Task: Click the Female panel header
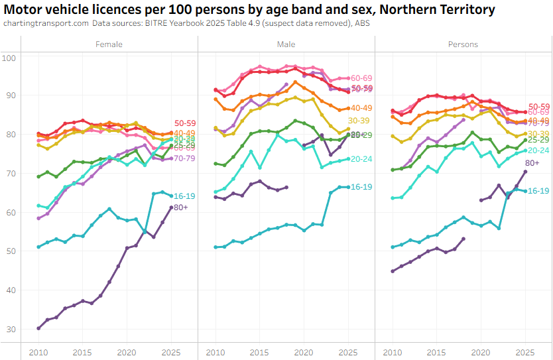click(109, 44)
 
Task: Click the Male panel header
click(286, 44)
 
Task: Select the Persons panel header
click(463, 44)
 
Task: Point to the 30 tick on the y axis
click(10, 330)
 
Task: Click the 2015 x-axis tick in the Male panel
click(259, 351)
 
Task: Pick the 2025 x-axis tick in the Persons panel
click(525, 351)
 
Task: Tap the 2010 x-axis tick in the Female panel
click(38, 351)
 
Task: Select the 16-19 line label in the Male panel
click(361, 188)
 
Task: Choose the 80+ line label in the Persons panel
click(532, 163)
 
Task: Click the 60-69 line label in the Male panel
click(361, 78)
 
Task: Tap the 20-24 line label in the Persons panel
click(539, 150)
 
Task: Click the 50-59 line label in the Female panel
click(185, 123)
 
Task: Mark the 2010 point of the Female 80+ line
click(38, 328)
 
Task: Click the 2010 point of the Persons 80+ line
click(393, 270)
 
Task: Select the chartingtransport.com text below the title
click(46, 23)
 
